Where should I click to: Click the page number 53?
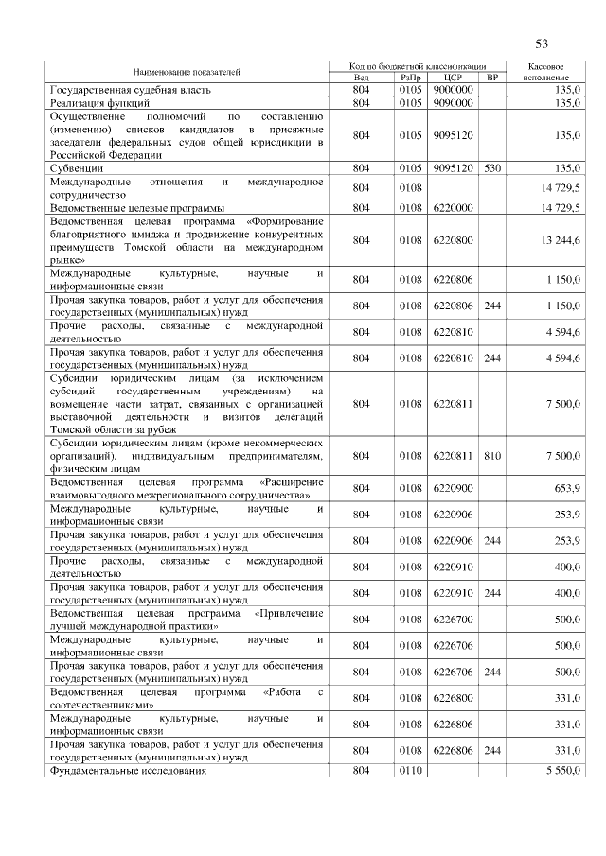pos(542,44)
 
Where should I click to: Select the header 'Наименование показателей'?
pos(187,71)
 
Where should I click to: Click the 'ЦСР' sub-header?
pos(452,78)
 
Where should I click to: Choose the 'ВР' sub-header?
pos(490,78)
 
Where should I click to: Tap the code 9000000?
pos(452,89)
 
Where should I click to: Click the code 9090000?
pos(452,102)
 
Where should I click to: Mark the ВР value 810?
pos(490,455)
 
